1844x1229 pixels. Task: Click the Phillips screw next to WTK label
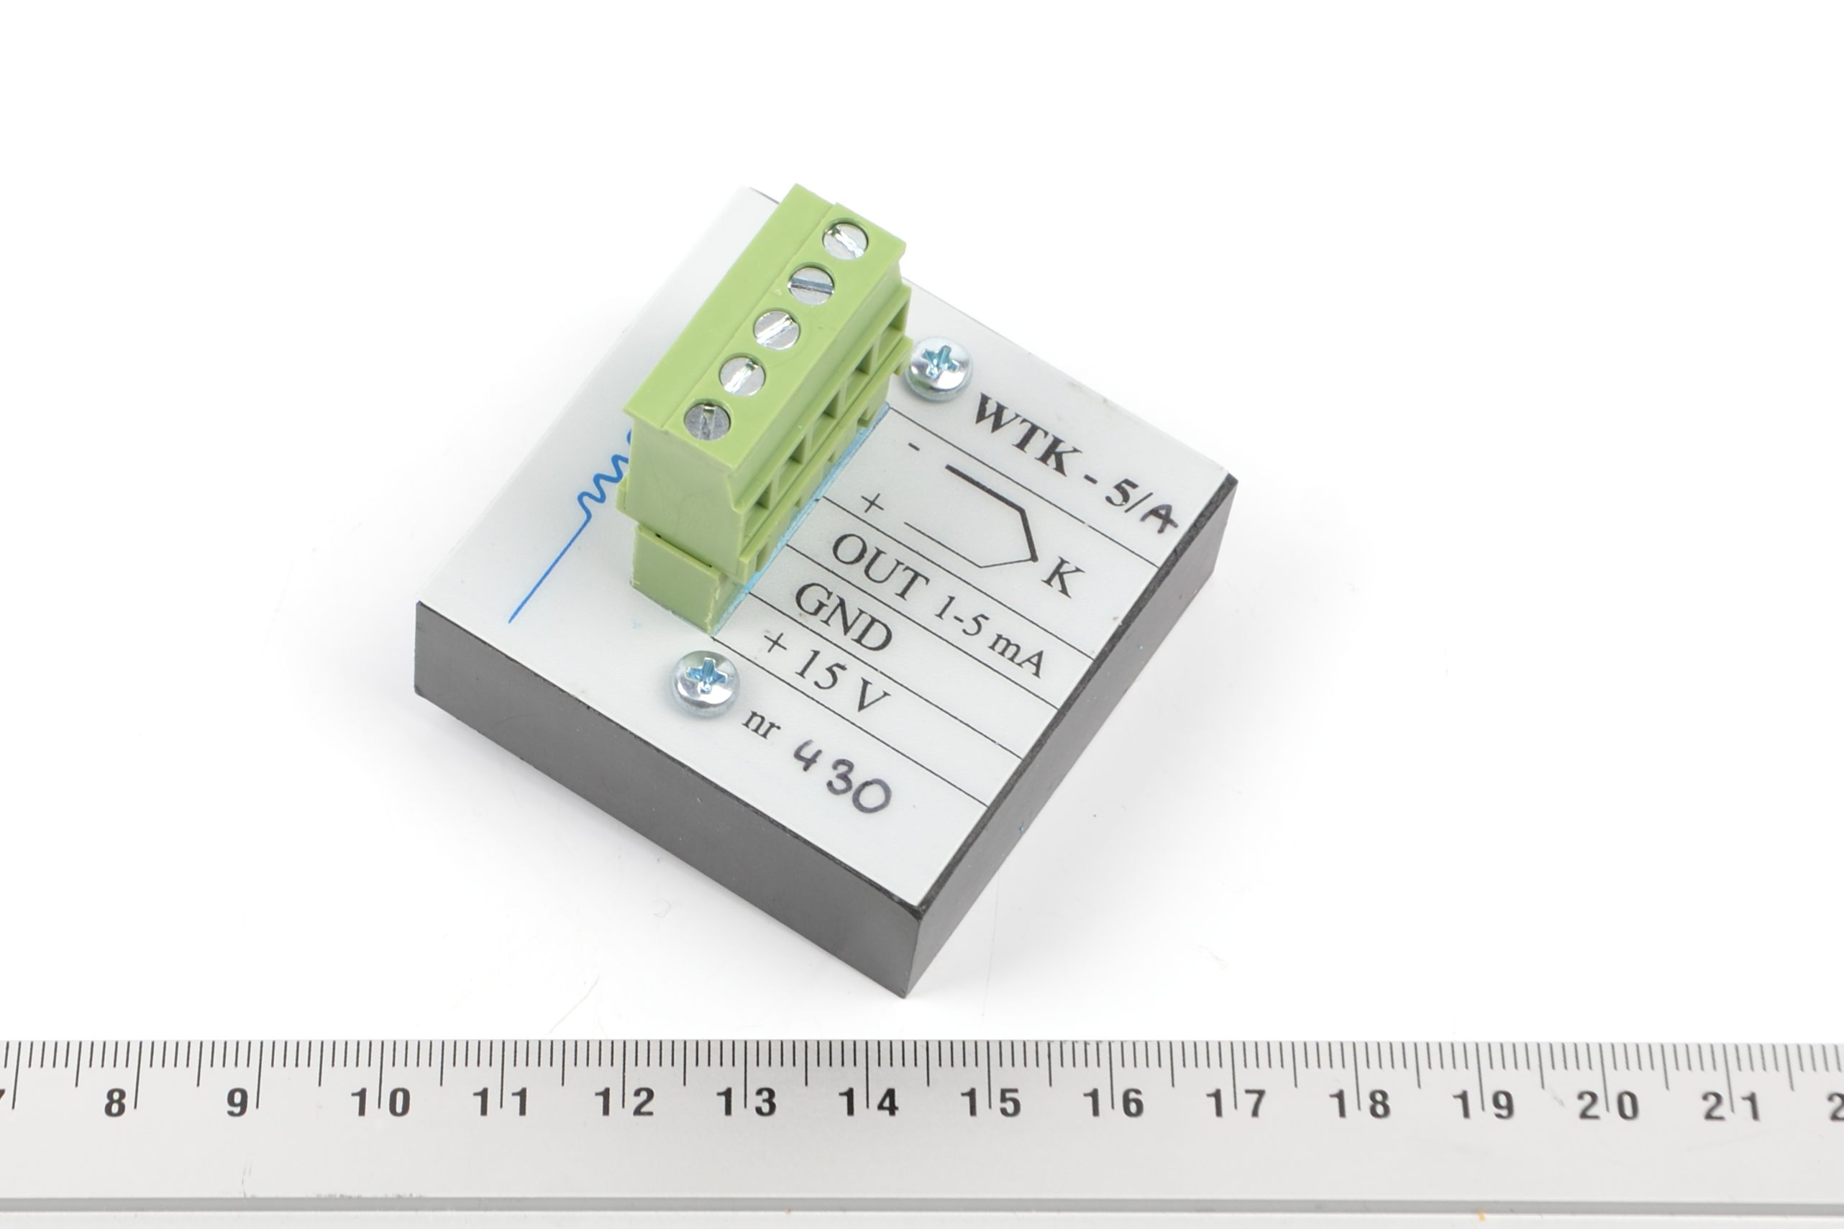939,368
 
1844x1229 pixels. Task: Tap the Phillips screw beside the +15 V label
706,682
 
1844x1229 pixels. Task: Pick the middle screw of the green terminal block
777,329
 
